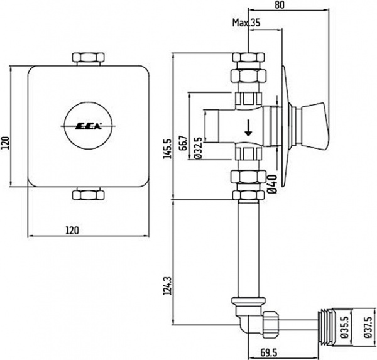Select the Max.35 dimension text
pyautogui.click(x=246, y=23)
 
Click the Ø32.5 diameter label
pyautogui.click(x=197, y=148)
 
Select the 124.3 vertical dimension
pyautogui.click(x=167, y=288)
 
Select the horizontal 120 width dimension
pyautogui.click(x=88, y=231)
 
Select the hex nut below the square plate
pyautogui.click(x=87, y=194)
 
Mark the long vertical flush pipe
pyautogui.click(x=248, y=251)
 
